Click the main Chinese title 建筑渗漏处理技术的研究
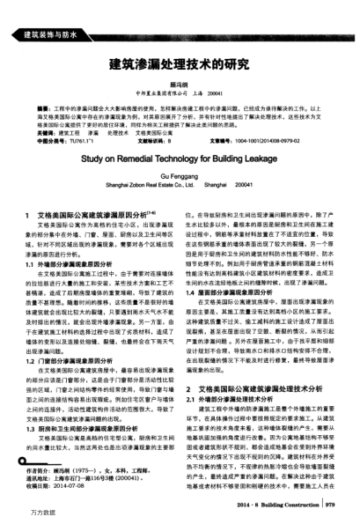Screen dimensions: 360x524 click(x=179, y=64)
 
